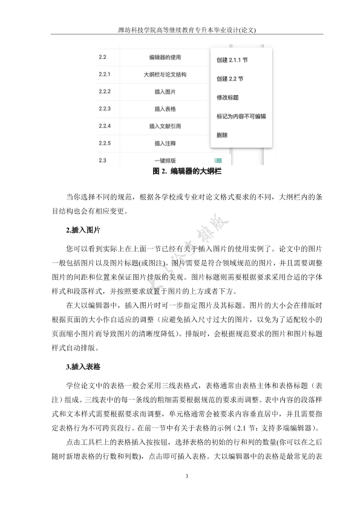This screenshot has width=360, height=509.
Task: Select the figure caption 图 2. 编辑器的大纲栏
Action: (x=180, y=172)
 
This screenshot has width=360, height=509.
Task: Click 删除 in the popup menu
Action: (x=222, y=135)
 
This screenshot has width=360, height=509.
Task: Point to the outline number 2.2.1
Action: (x=105, y=75)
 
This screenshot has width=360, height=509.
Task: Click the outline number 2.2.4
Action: (x=105, y=126)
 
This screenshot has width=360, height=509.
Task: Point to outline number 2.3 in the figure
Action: (x=102, y=160)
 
